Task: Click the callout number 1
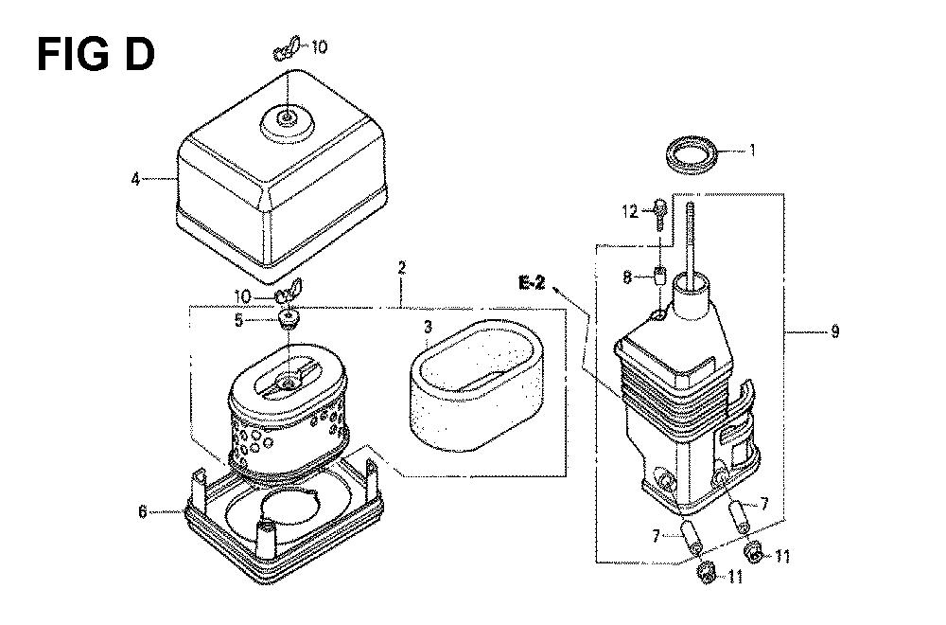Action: point(753,149)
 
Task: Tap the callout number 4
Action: point(136,178)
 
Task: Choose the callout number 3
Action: point(428,327)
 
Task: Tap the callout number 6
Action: point(143,511)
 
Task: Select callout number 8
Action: point(625,277)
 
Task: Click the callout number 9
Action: point(834,331)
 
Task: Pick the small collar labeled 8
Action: point(657,277)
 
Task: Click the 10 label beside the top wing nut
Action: point(320,46)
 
